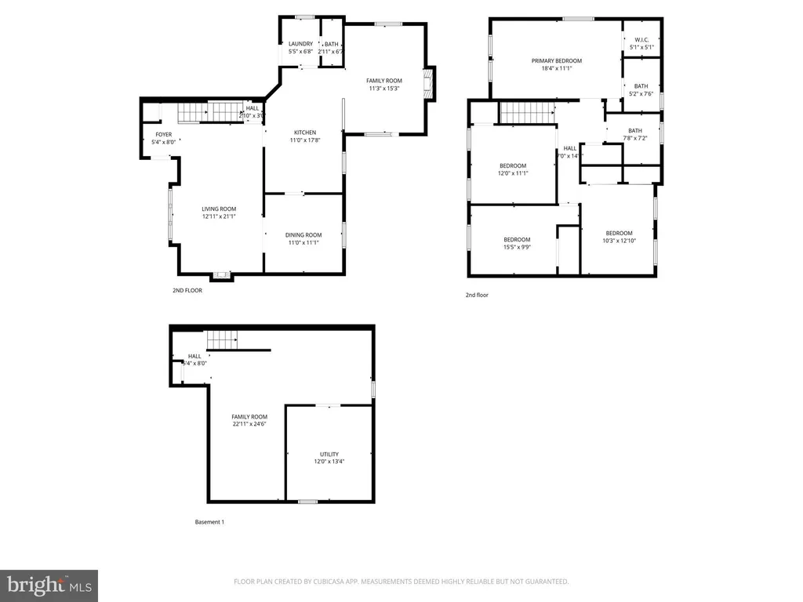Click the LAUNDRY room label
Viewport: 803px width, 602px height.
[300, 44]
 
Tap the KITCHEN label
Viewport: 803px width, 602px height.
[305, 132]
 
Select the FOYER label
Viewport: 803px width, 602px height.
[163, 135]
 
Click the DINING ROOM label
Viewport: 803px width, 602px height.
[303, 235]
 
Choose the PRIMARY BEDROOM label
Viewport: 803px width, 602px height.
[557, 60]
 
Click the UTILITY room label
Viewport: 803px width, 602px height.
[329, 454]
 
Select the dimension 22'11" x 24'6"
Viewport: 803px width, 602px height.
[249, 424]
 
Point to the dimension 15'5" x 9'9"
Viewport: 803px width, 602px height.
[517, 248]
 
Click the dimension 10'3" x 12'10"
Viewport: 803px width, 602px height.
[619, 241]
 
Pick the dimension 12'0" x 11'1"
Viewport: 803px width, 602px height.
[513, 173]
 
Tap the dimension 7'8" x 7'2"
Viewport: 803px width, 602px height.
[634, 139]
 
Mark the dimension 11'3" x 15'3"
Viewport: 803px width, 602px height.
[384, 89]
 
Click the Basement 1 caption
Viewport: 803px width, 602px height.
[209, 522]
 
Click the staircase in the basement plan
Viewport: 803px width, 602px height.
[222, 340]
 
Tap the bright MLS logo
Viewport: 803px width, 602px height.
[49, 585]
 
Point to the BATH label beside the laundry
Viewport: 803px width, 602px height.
[332, 44]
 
